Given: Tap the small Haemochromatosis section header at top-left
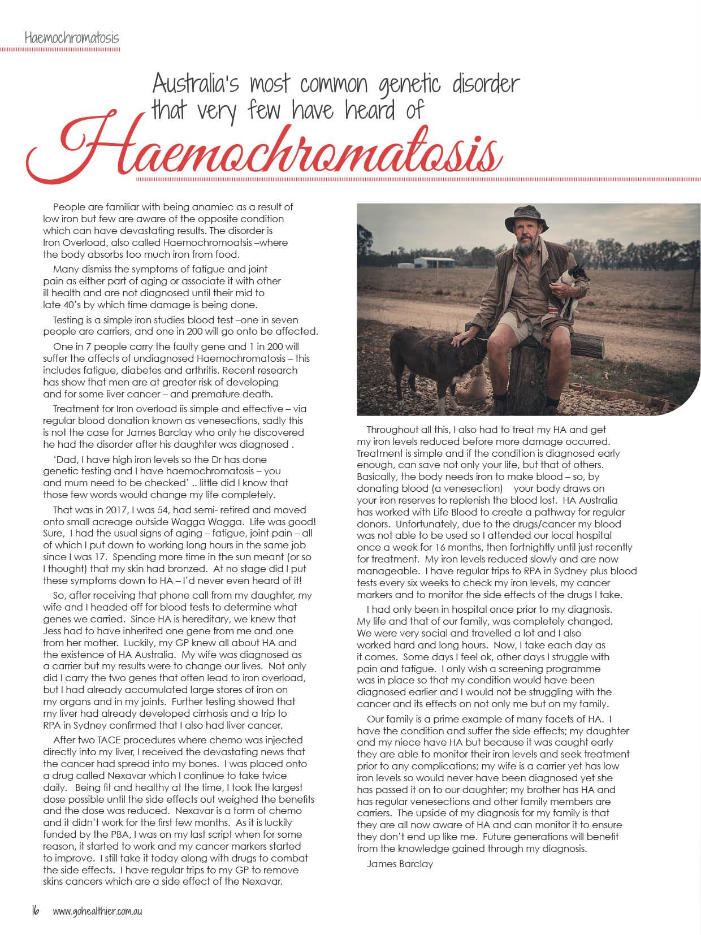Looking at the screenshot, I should point(72,38).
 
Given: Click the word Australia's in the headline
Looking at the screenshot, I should point(196,84).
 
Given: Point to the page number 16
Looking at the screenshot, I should point(35,911).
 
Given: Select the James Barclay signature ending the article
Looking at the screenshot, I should point(400,863).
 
